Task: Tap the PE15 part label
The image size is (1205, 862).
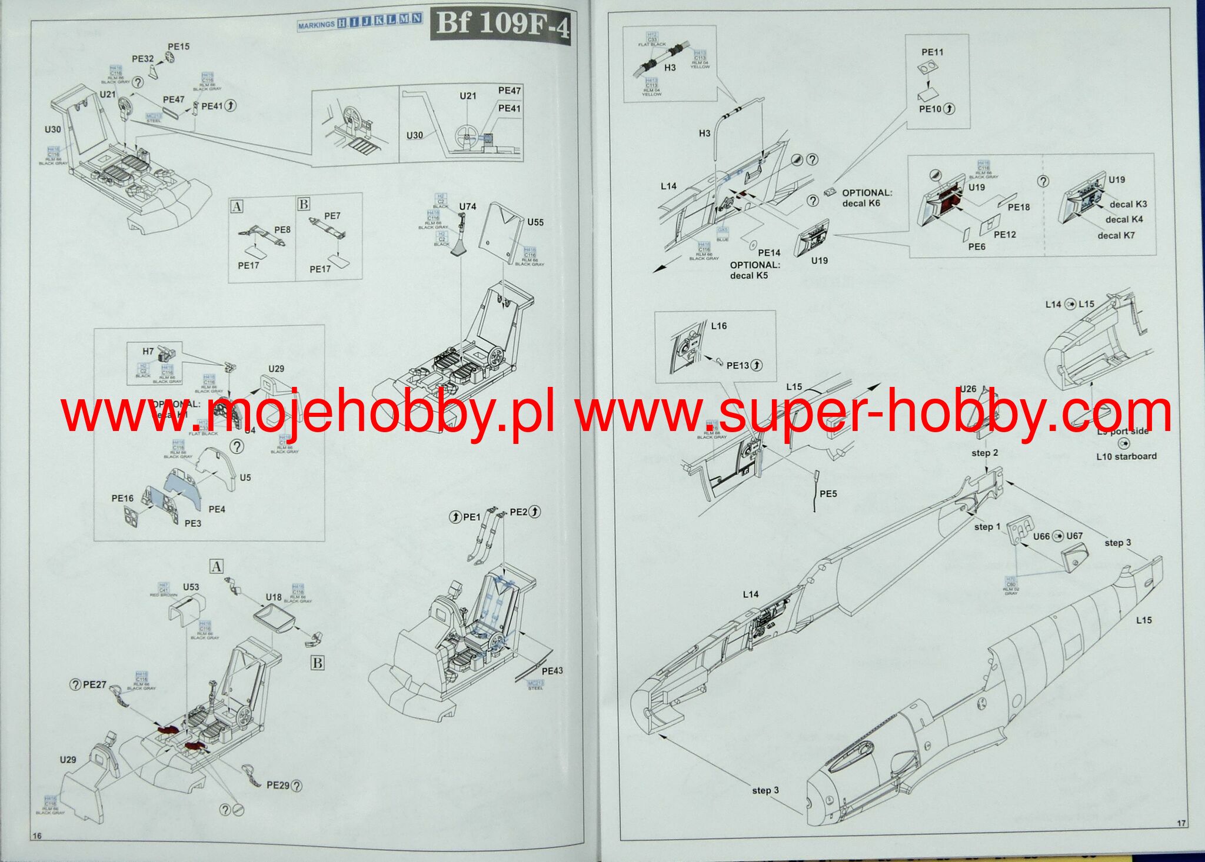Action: click(179, 46)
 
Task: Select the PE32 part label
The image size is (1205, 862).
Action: click(142, 59)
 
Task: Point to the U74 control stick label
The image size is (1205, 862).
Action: click(467, 206)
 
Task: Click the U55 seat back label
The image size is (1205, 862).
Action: click(535, 222)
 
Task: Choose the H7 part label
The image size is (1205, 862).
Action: click(148, 352)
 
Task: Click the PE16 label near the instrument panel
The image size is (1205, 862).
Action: click(122, 499)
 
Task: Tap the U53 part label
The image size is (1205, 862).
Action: click(191, 587)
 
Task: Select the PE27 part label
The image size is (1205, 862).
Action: click(94, 684)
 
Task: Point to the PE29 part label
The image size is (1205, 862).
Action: click(278, 785)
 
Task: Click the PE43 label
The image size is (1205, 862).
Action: click(552, 671)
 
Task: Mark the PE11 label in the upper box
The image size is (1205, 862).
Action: click(932, 52)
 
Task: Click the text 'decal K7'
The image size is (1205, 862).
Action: click(1116, 236)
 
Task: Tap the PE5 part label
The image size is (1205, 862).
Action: click(828, 494)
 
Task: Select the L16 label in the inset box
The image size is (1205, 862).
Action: click(719, 326)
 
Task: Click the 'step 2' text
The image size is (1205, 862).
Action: click(985, 453)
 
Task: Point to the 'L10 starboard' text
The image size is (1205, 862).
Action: click(1126, 456)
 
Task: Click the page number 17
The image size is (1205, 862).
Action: click(1181, 823)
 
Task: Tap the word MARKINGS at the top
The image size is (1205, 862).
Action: click(316, 25)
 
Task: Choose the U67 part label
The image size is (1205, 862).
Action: click(1074, 536)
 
